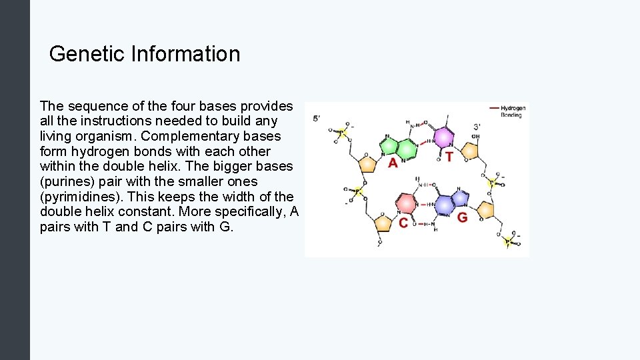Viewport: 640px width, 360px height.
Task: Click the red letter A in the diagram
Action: (393, 162)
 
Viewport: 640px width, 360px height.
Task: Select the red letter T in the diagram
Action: (449, 157)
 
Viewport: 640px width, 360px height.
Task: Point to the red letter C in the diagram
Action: (403, 223)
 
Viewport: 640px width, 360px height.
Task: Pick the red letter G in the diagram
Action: (462, 218)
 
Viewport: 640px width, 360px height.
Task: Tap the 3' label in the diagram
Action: (477, 126)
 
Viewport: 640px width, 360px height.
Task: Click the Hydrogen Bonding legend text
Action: (513, 111)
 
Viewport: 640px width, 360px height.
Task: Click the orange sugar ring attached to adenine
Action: (367, 163)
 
